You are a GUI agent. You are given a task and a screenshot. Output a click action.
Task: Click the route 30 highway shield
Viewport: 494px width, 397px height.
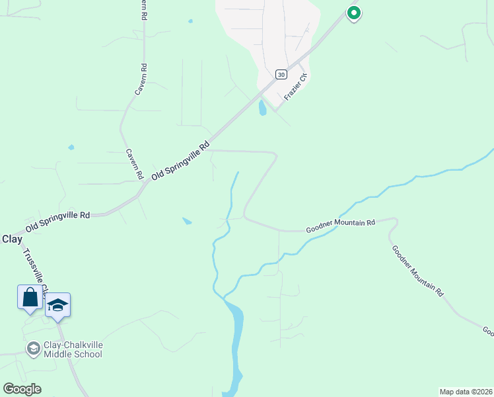[x=281, y=74]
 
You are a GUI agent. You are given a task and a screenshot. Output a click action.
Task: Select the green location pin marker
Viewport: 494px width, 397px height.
[x=353, y=13]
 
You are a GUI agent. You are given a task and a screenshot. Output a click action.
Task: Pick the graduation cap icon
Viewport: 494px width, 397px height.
[x=58, y=304]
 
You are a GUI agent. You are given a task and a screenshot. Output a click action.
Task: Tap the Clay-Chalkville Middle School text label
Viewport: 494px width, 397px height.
[x=73, y=349]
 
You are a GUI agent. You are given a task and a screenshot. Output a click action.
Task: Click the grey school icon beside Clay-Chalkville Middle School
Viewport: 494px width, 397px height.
[x=33, y=348]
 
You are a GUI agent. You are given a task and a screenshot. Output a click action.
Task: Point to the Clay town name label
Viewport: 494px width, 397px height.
[x=12, y=239]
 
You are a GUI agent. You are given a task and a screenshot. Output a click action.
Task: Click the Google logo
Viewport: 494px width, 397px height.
[x=22, y=388]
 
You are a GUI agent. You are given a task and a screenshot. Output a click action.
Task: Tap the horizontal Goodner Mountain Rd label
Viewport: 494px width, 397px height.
[x=340, y=226]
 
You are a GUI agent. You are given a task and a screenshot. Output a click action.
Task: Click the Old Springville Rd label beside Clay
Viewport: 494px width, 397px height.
[x=57, y=221]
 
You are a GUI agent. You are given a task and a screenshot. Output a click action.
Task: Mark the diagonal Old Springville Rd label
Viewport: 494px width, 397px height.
[x=180, y=161]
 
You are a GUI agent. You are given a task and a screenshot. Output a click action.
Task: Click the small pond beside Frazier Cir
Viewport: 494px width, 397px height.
[x=262, y=108]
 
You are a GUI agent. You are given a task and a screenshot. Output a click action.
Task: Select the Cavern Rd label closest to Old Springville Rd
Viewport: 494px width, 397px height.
[x=135, y=164]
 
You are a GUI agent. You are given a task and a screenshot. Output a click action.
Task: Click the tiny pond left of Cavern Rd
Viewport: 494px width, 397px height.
[x=71, y=147]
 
